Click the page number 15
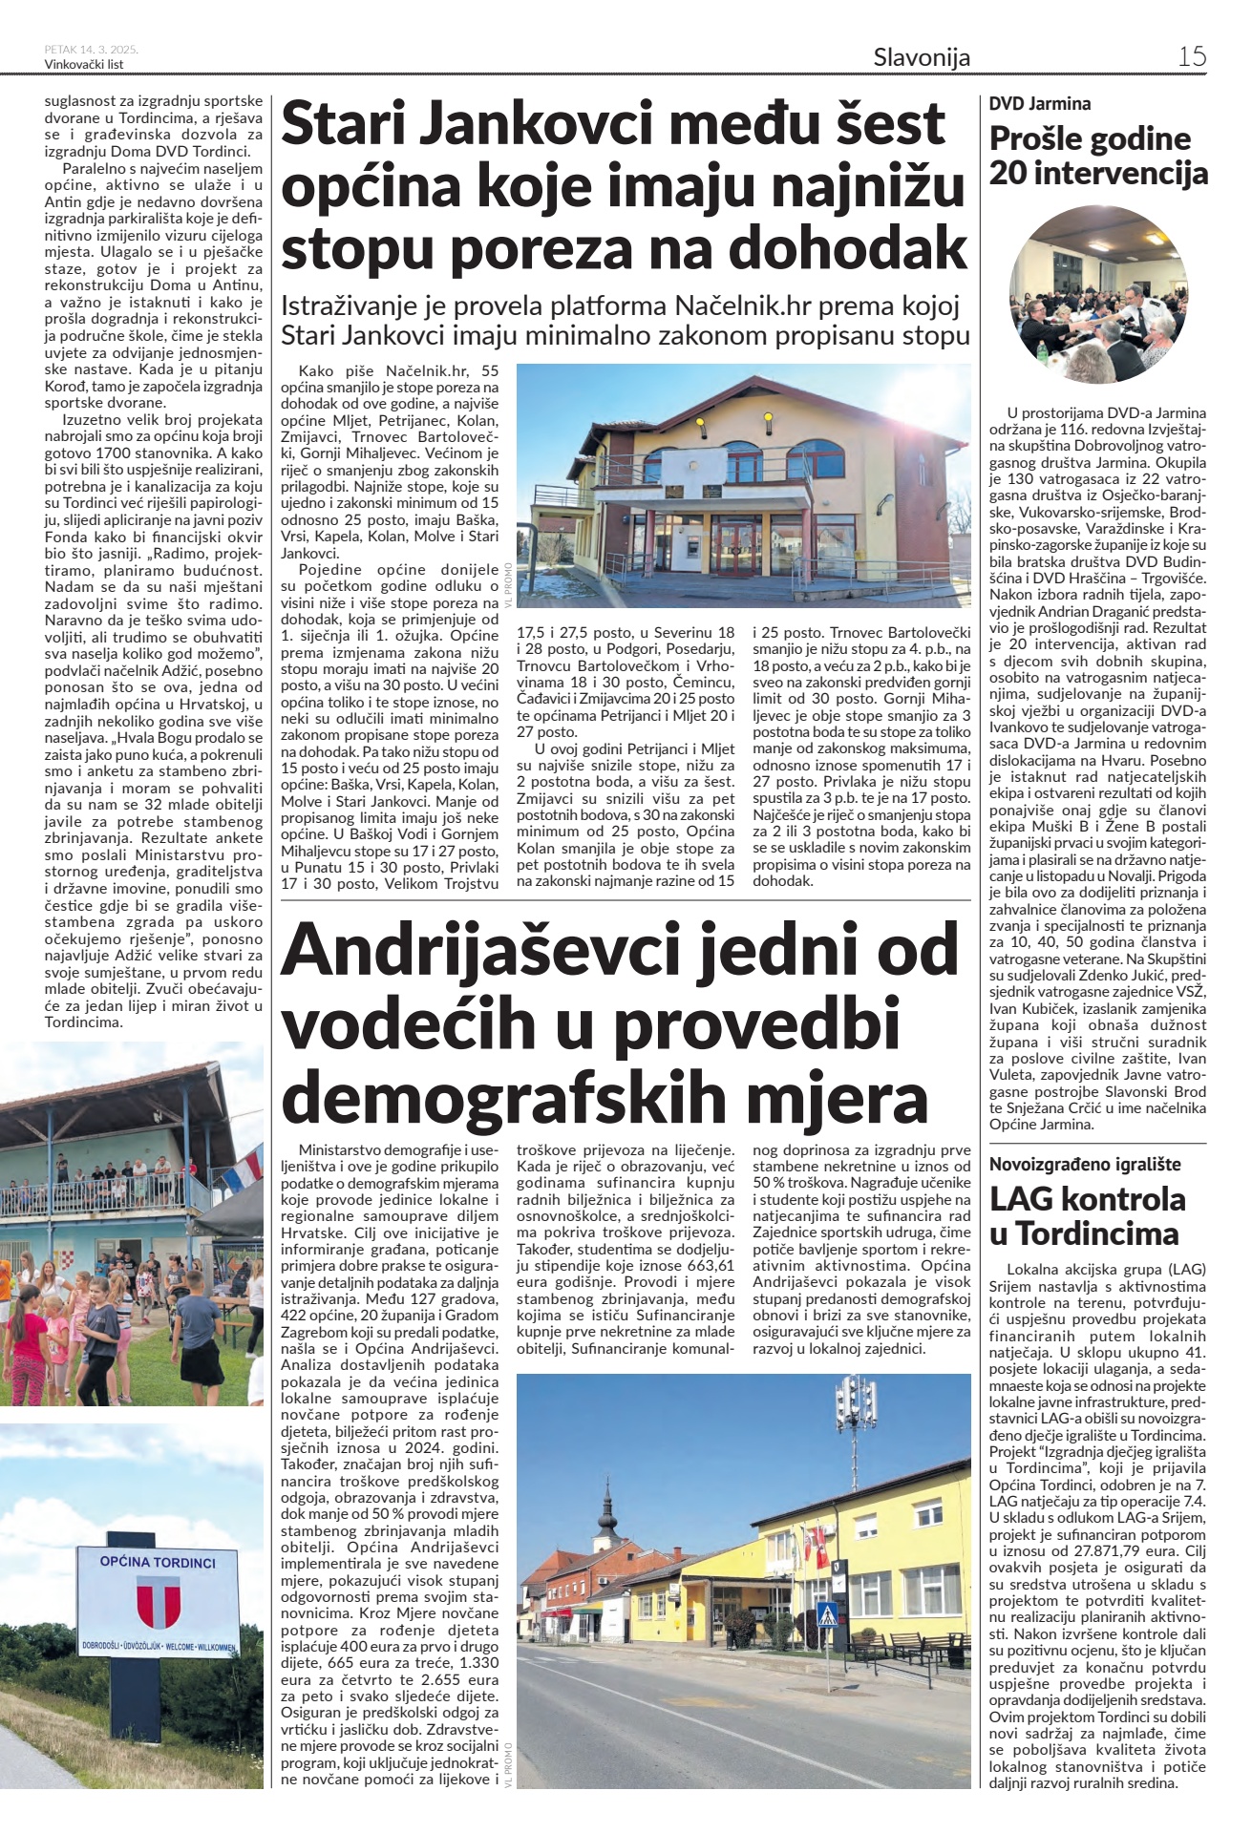[1192, 56]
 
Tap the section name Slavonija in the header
[922, 57]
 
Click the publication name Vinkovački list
[84, 64]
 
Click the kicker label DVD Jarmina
[1040, 103]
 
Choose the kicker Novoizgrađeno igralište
[1085, 1164]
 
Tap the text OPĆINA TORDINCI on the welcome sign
[159, 1563]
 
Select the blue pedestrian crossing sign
[829, 1612]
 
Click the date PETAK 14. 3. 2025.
[91, 49]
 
